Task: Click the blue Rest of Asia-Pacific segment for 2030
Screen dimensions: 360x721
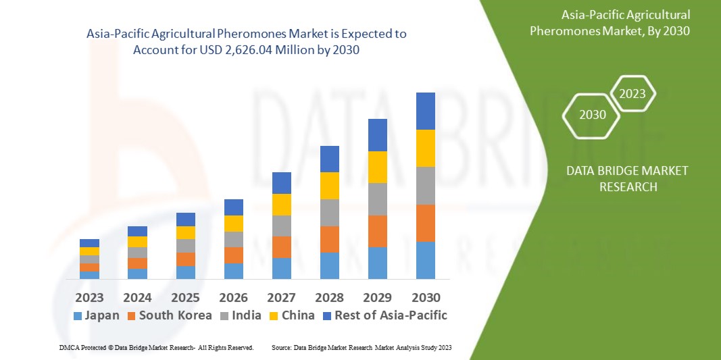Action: coord(425,111)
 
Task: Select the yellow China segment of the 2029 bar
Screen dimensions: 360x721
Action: coord(377,167)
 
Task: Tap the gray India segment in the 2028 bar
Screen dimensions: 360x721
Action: coord(329,212)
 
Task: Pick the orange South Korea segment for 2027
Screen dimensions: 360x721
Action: coord(281,247)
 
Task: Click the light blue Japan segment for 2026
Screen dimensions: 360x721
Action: coord(233,271)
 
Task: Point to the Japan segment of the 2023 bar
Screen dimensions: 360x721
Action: coord(89,275)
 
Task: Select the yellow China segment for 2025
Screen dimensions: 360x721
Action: coord(185,232)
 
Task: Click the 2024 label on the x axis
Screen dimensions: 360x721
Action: coord(137,297)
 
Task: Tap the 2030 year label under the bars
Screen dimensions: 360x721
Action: coord(425,297)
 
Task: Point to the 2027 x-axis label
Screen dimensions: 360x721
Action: coord(281,297)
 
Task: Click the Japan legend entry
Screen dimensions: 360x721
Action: coord(96,315)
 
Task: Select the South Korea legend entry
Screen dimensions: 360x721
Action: coord(169,315)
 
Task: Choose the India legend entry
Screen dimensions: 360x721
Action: coord(242,315)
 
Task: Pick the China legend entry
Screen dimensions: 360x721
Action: coord(291,315)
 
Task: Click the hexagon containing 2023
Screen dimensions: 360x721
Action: coord(632,94)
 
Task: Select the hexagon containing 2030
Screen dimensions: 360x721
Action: coord(593,115)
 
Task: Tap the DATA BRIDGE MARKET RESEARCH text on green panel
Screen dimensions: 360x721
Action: coord(628,178)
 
